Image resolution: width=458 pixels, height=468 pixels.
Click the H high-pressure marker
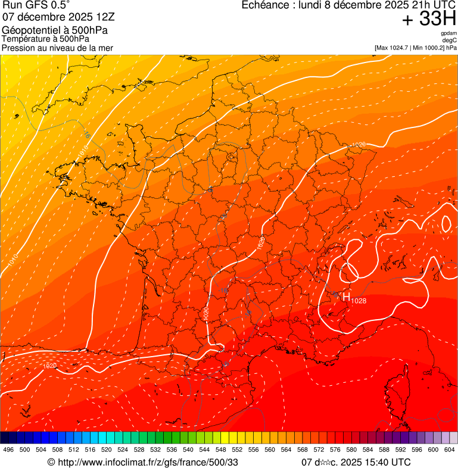click(346, 296)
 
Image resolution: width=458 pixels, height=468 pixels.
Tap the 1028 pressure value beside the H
click(359, 301)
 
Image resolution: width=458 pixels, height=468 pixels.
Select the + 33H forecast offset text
click(429, 19)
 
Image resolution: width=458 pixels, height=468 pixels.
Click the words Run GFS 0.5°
click(36, 5)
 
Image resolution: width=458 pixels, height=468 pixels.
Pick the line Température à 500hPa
click(46, 39)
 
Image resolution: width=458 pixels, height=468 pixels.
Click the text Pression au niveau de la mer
click(57, 48)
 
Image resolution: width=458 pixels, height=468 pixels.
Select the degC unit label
click(450, 40)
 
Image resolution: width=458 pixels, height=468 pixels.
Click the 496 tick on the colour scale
click(8, 450)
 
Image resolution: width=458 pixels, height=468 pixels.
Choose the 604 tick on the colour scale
click(449, 450)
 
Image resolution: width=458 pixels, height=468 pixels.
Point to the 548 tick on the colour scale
click(220, 450)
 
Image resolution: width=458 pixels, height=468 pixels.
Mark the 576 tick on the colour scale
click(335, 450)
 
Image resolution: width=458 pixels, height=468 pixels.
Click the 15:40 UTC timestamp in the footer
click(385, 462)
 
